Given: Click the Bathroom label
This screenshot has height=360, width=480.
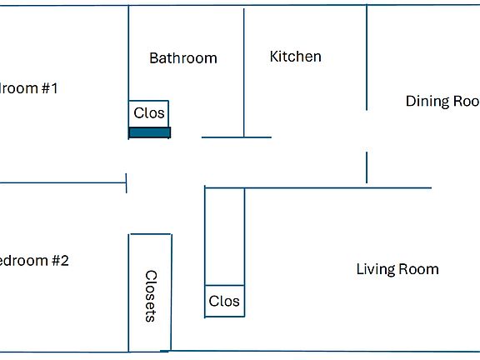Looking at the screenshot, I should [x=182, y=58].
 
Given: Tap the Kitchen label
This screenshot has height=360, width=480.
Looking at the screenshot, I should [x=295, y=57].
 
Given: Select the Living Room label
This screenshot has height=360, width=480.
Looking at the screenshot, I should [x=397, y=269].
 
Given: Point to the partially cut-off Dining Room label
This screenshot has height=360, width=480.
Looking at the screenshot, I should [x=442, y=102].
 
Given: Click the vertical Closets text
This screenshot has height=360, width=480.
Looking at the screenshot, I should [x=151, y=295].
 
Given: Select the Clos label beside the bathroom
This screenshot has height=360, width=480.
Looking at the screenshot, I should [x=149, y=113].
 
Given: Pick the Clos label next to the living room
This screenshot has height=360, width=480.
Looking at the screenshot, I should [x=224, y=302].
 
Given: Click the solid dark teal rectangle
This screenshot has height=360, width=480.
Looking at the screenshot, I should [x=149, y=132].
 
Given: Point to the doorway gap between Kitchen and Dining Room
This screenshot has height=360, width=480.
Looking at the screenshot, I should [x=367, y=131].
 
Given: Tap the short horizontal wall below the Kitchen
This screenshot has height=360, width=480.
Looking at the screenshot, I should [x=236, y=137].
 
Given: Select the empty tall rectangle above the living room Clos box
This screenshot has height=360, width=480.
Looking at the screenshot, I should [x=224, y=237].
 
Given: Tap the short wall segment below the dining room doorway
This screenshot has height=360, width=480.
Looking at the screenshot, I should [x=367, y=167].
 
